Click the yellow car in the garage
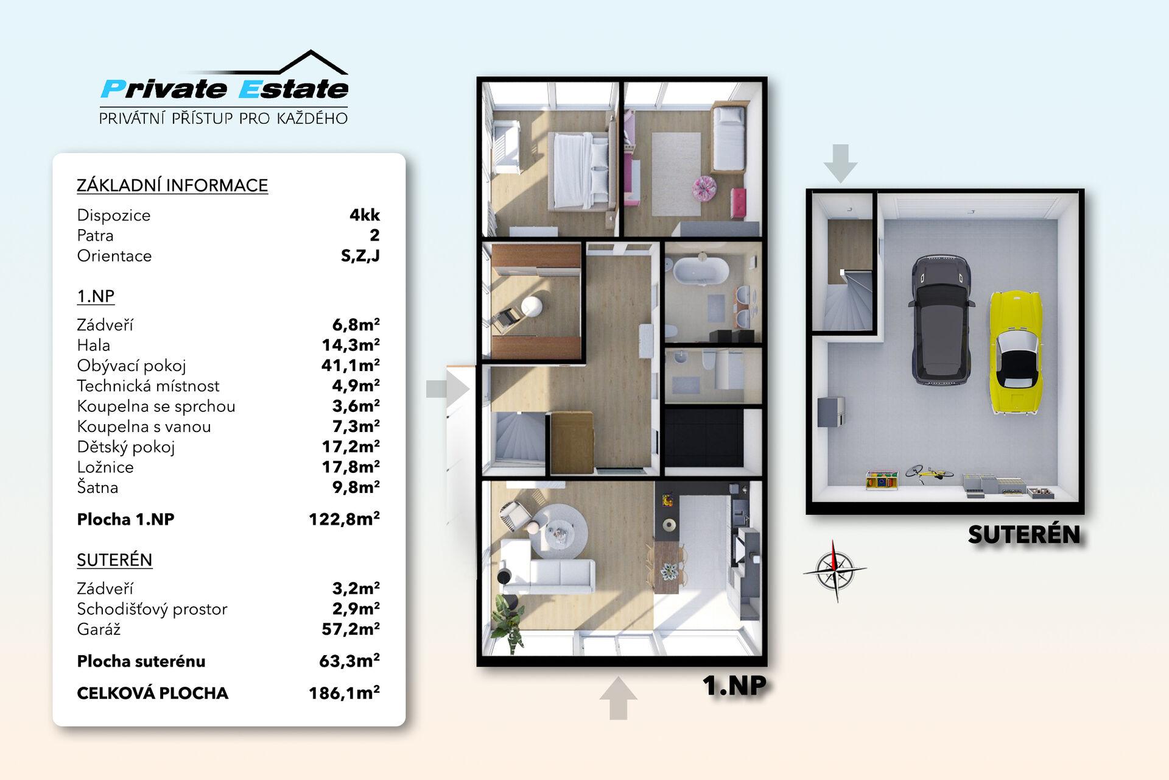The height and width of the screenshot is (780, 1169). (1014, 352)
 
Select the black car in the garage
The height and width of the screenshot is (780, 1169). (939, 320)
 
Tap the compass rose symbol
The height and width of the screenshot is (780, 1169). (835, 570)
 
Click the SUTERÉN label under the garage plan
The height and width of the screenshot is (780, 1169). (1024, 534)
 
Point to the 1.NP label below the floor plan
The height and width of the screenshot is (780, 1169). (734, 685)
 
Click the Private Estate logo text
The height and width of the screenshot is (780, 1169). (225, 89)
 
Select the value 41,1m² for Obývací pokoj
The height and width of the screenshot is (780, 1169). (351, 365)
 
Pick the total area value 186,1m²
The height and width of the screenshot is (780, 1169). (344, 693)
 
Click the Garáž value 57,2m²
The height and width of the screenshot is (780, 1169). (351, 629)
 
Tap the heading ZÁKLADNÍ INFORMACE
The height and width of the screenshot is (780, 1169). (172, 185)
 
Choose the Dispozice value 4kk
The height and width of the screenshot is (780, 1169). (365, 215)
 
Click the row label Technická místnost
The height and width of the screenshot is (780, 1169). (148, 386)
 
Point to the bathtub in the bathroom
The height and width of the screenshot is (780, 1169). (699, 271)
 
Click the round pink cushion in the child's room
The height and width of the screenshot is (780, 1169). (703, 187)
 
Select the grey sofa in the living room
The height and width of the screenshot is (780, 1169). (547, 567)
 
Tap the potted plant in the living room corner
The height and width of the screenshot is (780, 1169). (507, 622)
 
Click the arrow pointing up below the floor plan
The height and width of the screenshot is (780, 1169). (618, 698)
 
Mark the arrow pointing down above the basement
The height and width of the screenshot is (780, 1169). (840, 163)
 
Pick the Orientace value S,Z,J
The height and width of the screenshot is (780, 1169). (360, 256)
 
